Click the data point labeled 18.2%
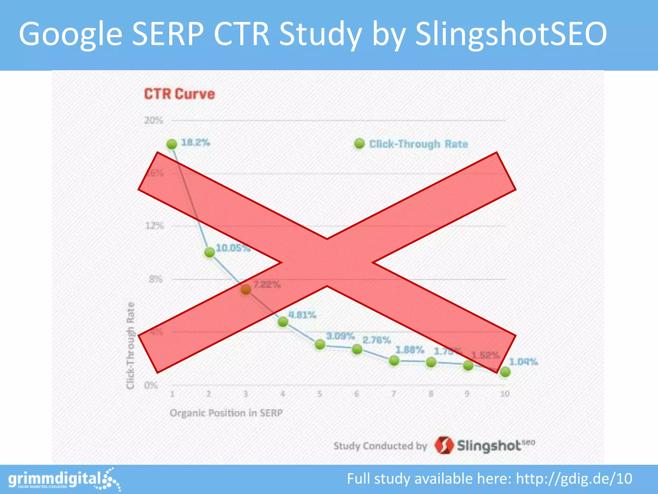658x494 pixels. [x=172, y=144]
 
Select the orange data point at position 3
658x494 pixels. [x=246, y=289]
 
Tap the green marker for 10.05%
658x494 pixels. [x=209, y=252]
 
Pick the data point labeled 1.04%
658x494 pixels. [x=505, y=372]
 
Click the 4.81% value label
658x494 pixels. [x=302, y=315]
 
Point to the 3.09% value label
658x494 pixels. [x=341, y=336]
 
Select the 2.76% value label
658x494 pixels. [x=377, y=340]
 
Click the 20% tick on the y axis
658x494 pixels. [x=154, y=121]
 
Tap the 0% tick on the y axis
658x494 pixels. [x=151, y=385]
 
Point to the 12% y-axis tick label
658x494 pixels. [x=155, y=226]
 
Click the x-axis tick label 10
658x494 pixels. [x=505, y=394]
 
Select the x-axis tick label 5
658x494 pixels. [x=320, y=394]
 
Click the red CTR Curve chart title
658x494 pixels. [x=179, y=94]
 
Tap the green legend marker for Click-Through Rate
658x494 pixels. [x=359, y=144]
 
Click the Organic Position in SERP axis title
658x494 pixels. [x=226, y=413]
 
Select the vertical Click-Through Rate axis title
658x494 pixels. [x=130, y=345]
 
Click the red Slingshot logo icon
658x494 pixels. [x=444, y=445]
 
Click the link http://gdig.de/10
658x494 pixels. [x=574, y=479]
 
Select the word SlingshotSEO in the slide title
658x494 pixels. [x=511, y=34]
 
